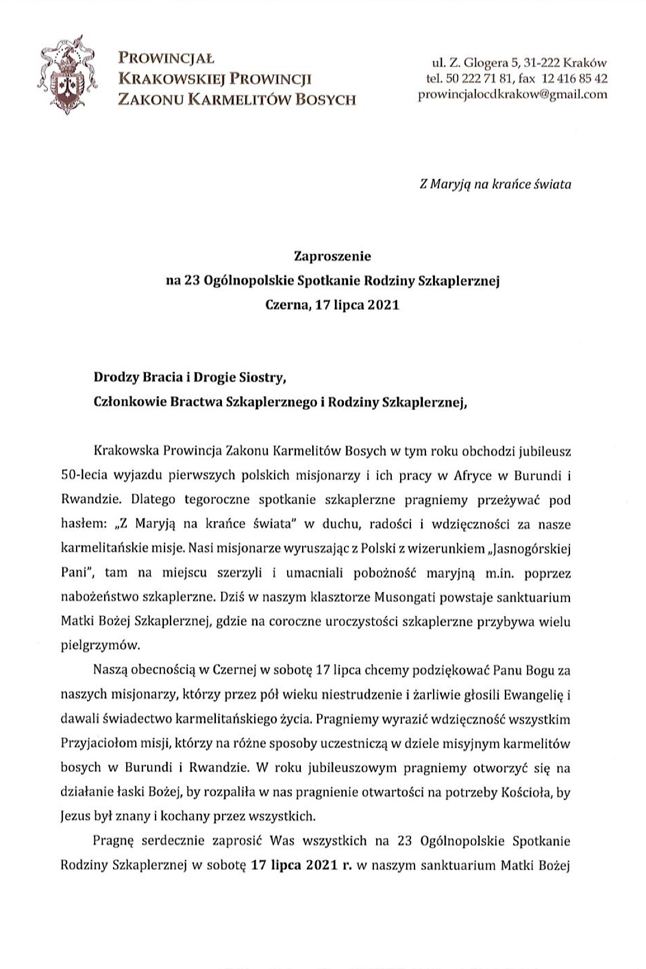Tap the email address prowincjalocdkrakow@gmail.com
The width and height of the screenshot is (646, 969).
pyautogui.click(x=513, y=95)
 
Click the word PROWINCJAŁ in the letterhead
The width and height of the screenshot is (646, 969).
pyautogui.click(x=167, y=59)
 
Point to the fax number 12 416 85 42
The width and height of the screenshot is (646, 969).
pyautogui.click(x=575, y=78)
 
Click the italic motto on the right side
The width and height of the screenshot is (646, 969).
pyautogui.click(x=495, y=184)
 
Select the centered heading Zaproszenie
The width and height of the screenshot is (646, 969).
pyautogui.click(x=332, y=257)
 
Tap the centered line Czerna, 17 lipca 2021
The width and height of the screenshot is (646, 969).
pyautogui.click(x=332, y=305)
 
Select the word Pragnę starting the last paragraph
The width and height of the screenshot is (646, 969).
pyautogui.click(x=114, y=841)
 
